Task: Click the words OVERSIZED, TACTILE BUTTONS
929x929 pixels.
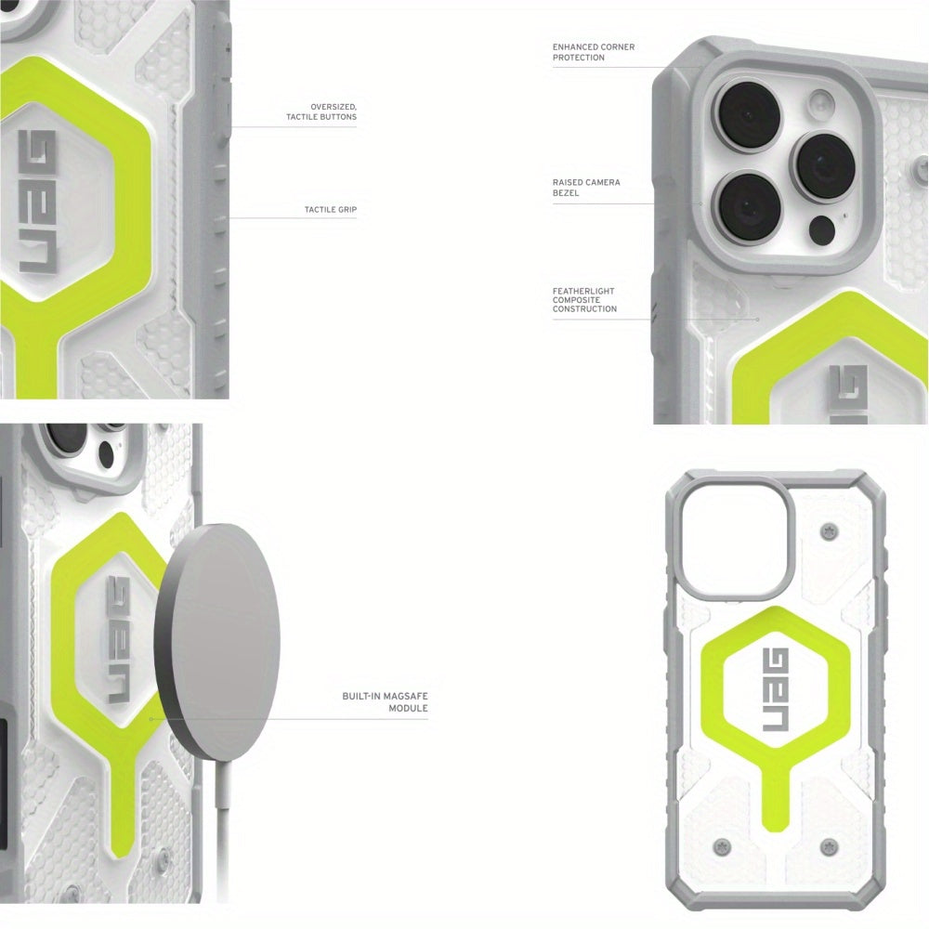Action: coord(321,112)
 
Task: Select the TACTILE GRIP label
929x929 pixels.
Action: coord(331,210)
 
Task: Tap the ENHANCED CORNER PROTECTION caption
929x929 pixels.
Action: coord(594,52)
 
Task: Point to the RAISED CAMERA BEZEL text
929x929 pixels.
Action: coord(586,188)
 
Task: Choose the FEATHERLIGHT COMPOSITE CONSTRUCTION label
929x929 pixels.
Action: coord(584,300)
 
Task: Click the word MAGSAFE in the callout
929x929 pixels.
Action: coord(406,696)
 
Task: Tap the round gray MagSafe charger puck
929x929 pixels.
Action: coord(216,642)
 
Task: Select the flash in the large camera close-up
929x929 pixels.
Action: coord(822,105)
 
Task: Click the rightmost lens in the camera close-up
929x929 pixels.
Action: coord(825,166)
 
